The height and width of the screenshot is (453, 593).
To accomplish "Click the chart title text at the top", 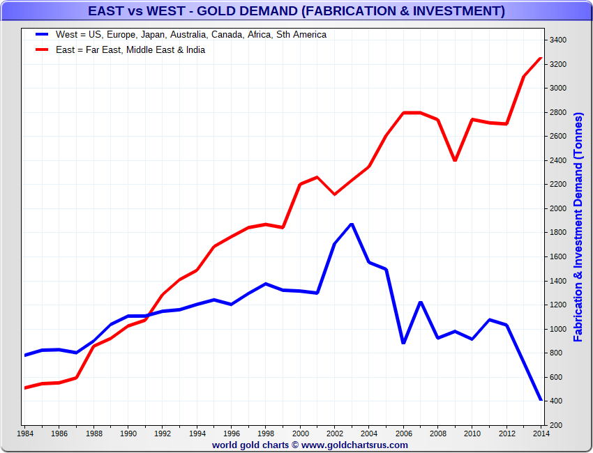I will (296, 11).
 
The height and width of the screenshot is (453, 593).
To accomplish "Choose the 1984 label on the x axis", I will (25, 433).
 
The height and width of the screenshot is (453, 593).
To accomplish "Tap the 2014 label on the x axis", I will (541, 433).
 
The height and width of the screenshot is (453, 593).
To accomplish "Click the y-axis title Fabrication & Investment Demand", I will (578, 227).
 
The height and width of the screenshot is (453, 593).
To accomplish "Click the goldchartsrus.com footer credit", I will (310, 445).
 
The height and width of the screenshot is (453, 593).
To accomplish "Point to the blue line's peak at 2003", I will (352, 224).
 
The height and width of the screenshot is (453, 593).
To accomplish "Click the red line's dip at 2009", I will (455, 160).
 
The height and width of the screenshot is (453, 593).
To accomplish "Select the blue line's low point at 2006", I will (403, 343).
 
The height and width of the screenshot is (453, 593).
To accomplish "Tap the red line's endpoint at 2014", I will (541, 58).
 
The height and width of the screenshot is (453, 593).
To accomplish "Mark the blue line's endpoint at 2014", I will (541, 399).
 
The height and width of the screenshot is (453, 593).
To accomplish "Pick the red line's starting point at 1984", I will (25, 387).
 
